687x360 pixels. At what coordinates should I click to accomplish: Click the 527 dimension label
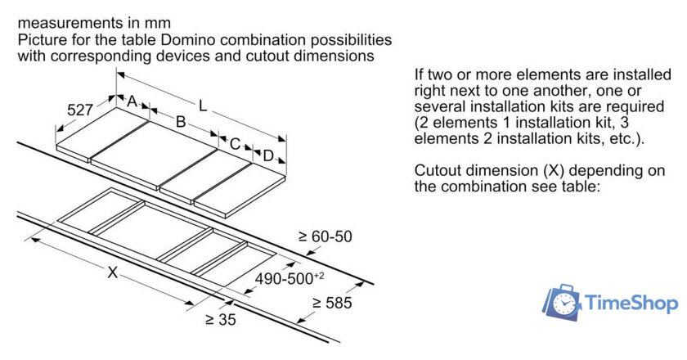pos(79,109)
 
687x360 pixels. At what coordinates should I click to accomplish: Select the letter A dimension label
pos(132,101)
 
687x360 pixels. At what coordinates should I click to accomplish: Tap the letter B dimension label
pos(182,123)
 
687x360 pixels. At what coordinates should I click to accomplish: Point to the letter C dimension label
pos(235,145)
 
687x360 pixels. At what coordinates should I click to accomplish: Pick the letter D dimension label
pos(267,155)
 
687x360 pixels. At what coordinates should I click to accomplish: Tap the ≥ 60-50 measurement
pos(324,236)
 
